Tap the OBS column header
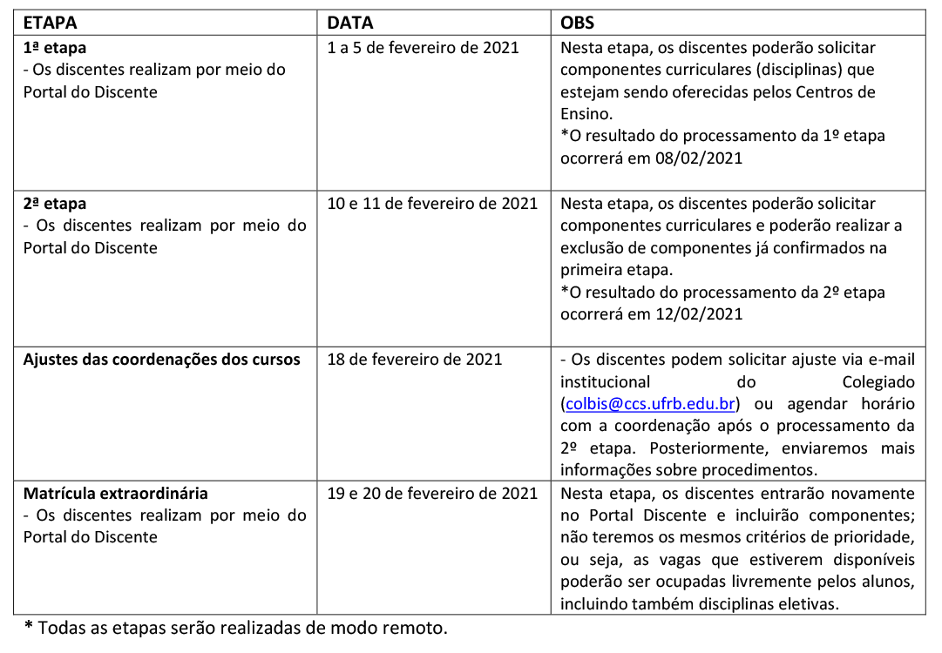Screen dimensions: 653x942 (x=578, y=22)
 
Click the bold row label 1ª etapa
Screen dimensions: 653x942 (x=54, y=48)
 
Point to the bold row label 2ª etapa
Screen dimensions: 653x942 (x=54, y=204)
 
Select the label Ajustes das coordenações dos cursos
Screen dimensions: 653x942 (x=161, y=360)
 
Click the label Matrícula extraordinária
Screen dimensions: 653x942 (x=115, y=494)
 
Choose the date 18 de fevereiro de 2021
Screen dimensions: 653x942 (x=415, y=360)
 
